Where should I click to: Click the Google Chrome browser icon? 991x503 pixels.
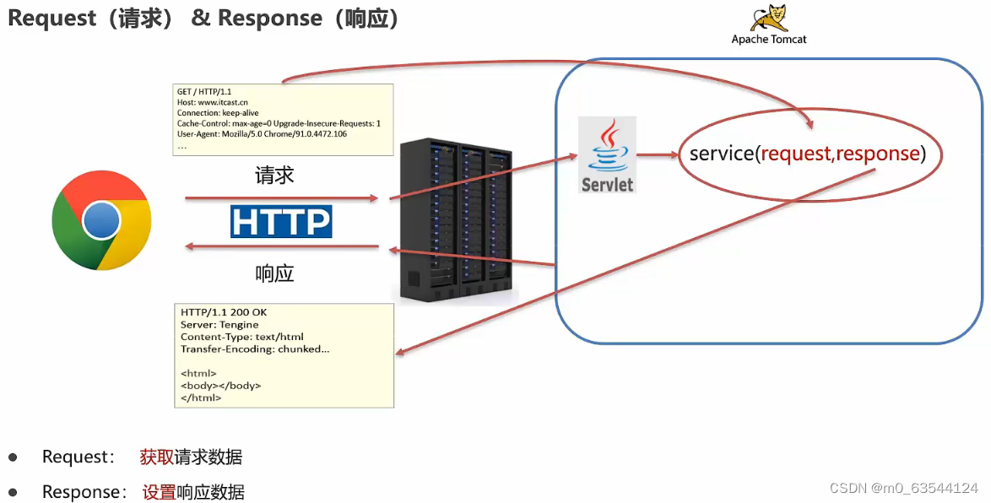point(101,221)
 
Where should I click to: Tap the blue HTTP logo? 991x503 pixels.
point(281,221)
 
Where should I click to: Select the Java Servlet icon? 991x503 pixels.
point(607,154)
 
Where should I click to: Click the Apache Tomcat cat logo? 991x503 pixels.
point(769,18)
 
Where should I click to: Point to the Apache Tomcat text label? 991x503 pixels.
point(769,40)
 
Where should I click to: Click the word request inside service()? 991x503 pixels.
point(797,154)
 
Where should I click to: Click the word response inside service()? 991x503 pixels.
point(877,154)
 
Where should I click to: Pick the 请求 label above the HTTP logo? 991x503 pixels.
point(274,176)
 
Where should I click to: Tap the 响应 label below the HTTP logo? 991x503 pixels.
point(274,273)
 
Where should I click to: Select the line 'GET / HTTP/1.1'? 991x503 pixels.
point(205,91)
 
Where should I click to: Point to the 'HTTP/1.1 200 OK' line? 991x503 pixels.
point(224,313)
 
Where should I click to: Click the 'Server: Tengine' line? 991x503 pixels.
point(219,325)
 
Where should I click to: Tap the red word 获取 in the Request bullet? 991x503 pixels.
point(157,457)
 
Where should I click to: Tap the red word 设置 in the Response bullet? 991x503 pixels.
point(159,492)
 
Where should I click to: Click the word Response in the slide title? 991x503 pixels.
point(269,18)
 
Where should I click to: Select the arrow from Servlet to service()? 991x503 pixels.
point(658,154)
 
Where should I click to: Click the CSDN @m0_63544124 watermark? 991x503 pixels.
point(904,489)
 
